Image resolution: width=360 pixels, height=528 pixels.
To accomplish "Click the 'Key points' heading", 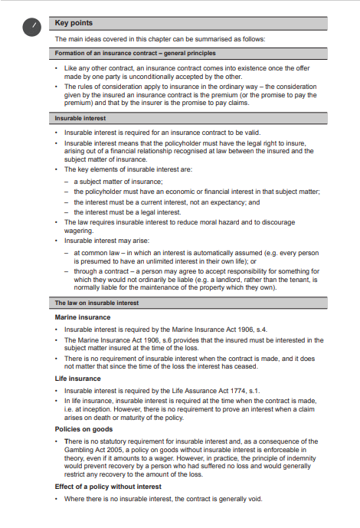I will pos(74,23).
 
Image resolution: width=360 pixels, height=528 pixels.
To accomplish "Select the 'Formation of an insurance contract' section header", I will pos(135,53).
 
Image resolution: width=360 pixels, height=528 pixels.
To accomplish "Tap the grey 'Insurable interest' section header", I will pos(80,119).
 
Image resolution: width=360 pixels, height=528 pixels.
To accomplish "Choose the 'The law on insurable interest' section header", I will pos(97,303).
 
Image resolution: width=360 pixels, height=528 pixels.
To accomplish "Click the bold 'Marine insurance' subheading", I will pos(83,316).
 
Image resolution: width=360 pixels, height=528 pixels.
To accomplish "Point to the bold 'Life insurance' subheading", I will pos(77,378).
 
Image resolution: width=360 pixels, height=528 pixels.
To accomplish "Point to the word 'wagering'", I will pos(80,230).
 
